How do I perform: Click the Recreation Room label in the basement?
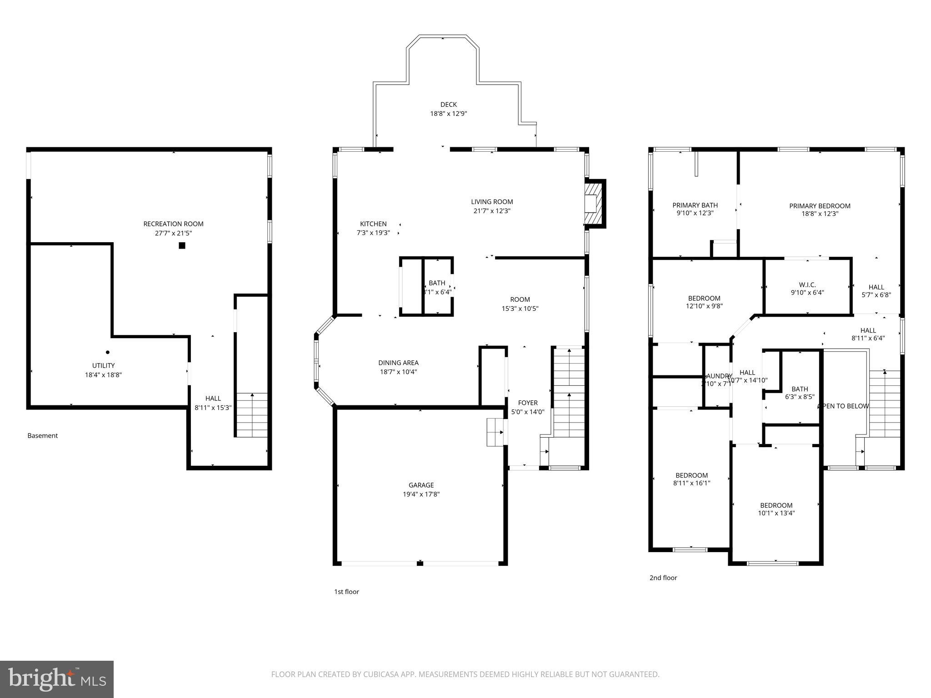[x=173, y=224]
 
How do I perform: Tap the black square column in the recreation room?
[x=182, y=246]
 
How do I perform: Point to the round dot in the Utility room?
[x=108, y=352]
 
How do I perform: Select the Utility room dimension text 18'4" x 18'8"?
[x=103, y=375]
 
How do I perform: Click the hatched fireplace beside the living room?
[x=595, y=203]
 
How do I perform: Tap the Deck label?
[x=448, y=105]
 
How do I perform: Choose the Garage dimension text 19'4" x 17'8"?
[x=421, y=494]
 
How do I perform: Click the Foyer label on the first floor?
[x=528, y=403]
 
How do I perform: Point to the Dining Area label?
[x=398, y=363]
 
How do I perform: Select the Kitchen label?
[x=373, y=224]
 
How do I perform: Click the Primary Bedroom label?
[x=820, y=206]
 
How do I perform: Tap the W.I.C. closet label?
[x=807, y=285]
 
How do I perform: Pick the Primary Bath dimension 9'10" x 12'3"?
[x=695, y=213]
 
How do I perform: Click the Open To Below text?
[x=844, y=406]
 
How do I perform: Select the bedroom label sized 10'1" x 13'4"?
[x=776, y=505]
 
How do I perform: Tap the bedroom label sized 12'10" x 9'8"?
[x=704, y=299]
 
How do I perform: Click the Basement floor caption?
[x=43, y=435]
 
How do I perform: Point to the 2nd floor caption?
[x=663, y=578]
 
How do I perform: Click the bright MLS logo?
[x=57, y=679]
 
